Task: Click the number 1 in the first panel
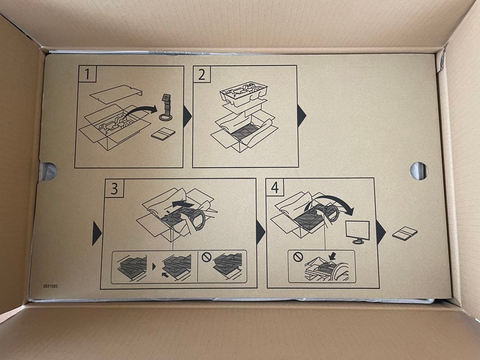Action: click(x=87, y=74)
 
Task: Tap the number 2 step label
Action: click(x=201, y=74)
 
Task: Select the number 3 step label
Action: click(x=114, y=188)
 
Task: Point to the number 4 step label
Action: click(x=275, y=188)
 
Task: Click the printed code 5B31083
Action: click(x=50, y=286)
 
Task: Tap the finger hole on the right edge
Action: click(x=419, y=171)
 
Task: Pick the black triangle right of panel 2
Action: click(x=301, y=116)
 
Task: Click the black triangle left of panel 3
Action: click(x=96, y=233)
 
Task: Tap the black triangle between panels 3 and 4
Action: click(x=260, y=232)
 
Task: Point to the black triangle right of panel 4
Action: click(x=380, y=232)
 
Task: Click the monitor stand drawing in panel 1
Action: click(x=166, y=108)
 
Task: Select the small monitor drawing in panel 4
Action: click(x=358, y=232)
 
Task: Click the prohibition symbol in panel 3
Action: click(x=207, y=257)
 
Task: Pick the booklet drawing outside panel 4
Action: click(x=405, y=233)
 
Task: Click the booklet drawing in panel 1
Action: click(x=163, y=134)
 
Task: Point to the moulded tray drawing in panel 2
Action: click(x=244, y=93)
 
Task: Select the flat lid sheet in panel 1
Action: click(x=116, y=94)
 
